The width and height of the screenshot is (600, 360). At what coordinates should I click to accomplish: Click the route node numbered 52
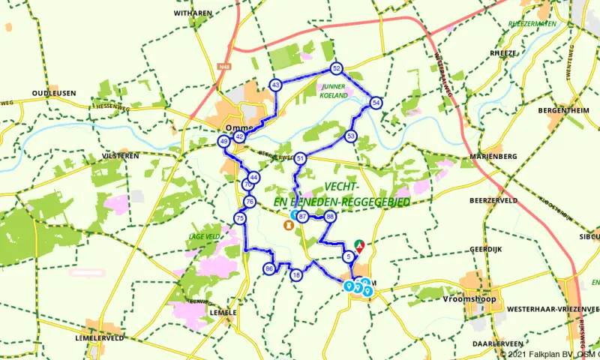[x=336, y=69]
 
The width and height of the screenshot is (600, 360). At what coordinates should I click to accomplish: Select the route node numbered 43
[x=276, y=85]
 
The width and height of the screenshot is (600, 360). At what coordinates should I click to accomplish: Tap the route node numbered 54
[x=376, y=103]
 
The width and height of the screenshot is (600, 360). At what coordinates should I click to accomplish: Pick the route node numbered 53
[x=351, y=136]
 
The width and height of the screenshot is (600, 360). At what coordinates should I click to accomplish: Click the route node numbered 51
[x=300, y=158]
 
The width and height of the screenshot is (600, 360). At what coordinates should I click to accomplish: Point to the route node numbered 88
[x=329, y=217]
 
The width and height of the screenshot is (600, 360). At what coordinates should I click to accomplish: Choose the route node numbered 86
[x=269, y=269]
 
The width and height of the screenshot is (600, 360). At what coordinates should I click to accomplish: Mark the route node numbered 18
[x=297, y=275]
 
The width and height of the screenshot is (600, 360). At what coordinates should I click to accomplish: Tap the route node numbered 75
[x=240, y=218]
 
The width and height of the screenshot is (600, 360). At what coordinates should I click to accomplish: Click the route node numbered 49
[x=223, y=141]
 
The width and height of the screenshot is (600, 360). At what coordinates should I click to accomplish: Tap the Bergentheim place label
[x=559, y=109]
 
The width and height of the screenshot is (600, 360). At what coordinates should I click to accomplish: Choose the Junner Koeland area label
[x=334, y=91]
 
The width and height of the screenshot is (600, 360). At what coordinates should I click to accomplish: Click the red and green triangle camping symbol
[x=360, y=244]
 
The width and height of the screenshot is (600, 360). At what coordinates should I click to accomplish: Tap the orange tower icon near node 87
[x=288, y=224]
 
